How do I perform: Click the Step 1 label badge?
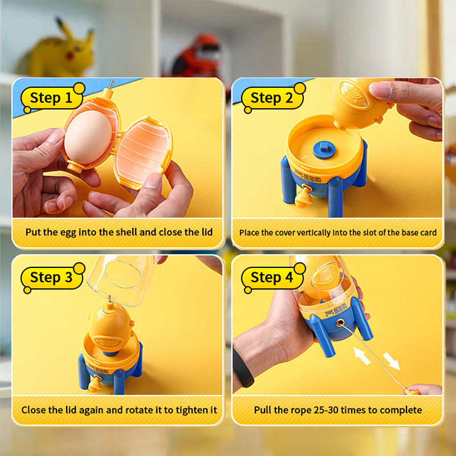(x=52, y=97)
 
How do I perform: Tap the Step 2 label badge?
(x=273, y=97)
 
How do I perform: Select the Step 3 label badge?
(x=52, y=278)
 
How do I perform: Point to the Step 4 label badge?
(x=273, y=278)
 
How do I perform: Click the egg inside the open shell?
(x=88, y=137)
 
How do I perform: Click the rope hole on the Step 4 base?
(x=339, y=323)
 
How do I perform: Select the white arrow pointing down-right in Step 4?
(x=391, y=361)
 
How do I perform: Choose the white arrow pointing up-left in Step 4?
(x=362, y=356)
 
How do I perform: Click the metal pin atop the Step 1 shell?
(x=111, y=85)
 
